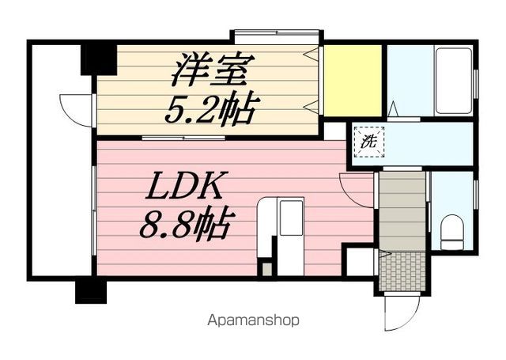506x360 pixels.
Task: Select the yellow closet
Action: pyautogui.click(x=353, y=80)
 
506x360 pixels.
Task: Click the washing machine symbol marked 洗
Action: pyautogui.click(x=368, y=142)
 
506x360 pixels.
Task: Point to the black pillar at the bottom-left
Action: pyautogui.click(x=91, y=290)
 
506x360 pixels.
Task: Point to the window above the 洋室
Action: pyautogui.click(x=277, y=36)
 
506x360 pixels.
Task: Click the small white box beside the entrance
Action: pyautogui.click(x=360, y=261)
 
